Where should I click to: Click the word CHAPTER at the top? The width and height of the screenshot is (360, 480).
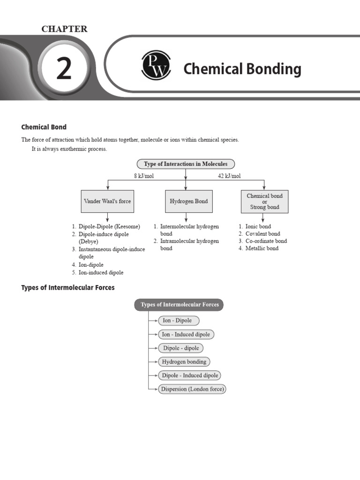(x=64, y=29)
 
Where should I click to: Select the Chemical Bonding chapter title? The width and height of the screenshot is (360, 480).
(x=242, y=69)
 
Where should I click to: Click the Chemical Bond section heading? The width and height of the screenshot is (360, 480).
(x=44, y=127)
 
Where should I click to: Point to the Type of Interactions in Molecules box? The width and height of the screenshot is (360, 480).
(x=186, y=164)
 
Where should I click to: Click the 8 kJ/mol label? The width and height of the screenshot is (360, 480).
(x=143, y=176)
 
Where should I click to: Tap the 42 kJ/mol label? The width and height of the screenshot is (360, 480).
(x=229, y=176)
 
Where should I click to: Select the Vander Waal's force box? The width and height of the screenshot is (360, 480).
(x=107, y=201)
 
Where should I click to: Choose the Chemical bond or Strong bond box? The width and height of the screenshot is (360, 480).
(x=264, y=202)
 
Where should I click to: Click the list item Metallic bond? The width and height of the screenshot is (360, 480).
(x=262, y=248)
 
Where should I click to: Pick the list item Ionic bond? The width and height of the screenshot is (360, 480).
(x=258, y=226)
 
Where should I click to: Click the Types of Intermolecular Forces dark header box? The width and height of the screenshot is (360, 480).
(x=180, y=305)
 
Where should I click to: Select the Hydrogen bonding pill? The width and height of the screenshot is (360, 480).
(x=184, y=362)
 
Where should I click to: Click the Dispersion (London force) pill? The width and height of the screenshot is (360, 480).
(x=192, y=389)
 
